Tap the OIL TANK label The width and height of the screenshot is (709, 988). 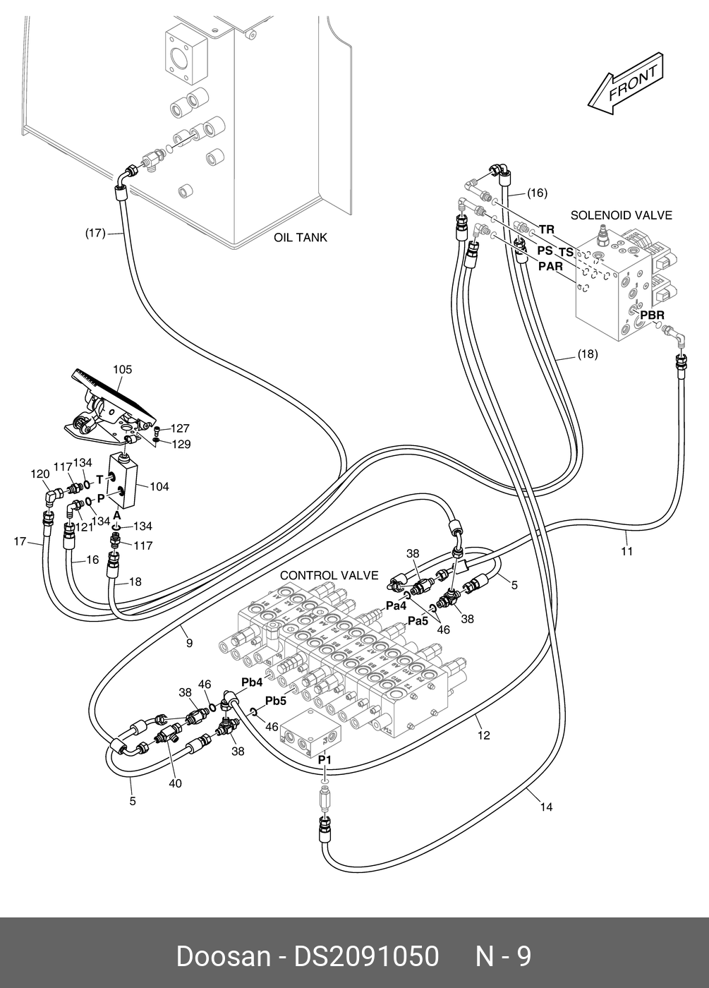tap(301, 238)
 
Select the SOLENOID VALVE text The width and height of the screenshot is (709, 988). tap(621, 215)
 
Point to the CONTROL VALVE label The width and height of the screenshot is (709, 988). tap(329, 576)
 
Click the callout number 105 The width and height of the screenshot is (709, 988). tap(122, 369)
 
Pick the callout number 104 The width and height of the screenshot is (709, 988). tap(159, 486)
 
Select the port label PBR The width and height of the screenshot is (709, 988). tap(652, 314)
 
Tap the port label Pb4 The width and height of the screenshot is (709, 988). tap(252, 682)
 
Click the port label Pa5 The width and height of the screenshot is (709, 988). tap(418, 621)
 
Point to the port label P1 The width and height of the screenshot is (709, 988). tap(325, 759)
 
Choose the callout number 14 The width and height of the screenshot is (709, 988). tap(546, 807)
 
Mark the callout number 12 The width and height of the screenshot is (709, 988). tap(483, 735)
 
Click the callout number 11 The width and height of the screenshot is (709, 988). tap(626, 551)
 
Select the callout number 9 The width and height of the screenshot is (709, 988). tap(189, 643)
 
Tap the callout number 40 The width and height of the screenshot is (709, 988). tap(175, 783)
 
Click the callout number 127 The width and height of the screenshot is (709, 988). tap(180, 428)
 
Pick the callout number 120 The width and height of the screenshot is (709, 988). tap(40, 474)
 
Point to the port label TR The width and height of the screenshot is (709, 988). tap(547, 229)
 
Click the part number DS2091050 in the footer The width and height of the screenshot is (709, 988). tap(367, 956)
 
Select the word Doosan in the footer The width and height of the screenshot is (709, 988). tap(223, 956)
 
